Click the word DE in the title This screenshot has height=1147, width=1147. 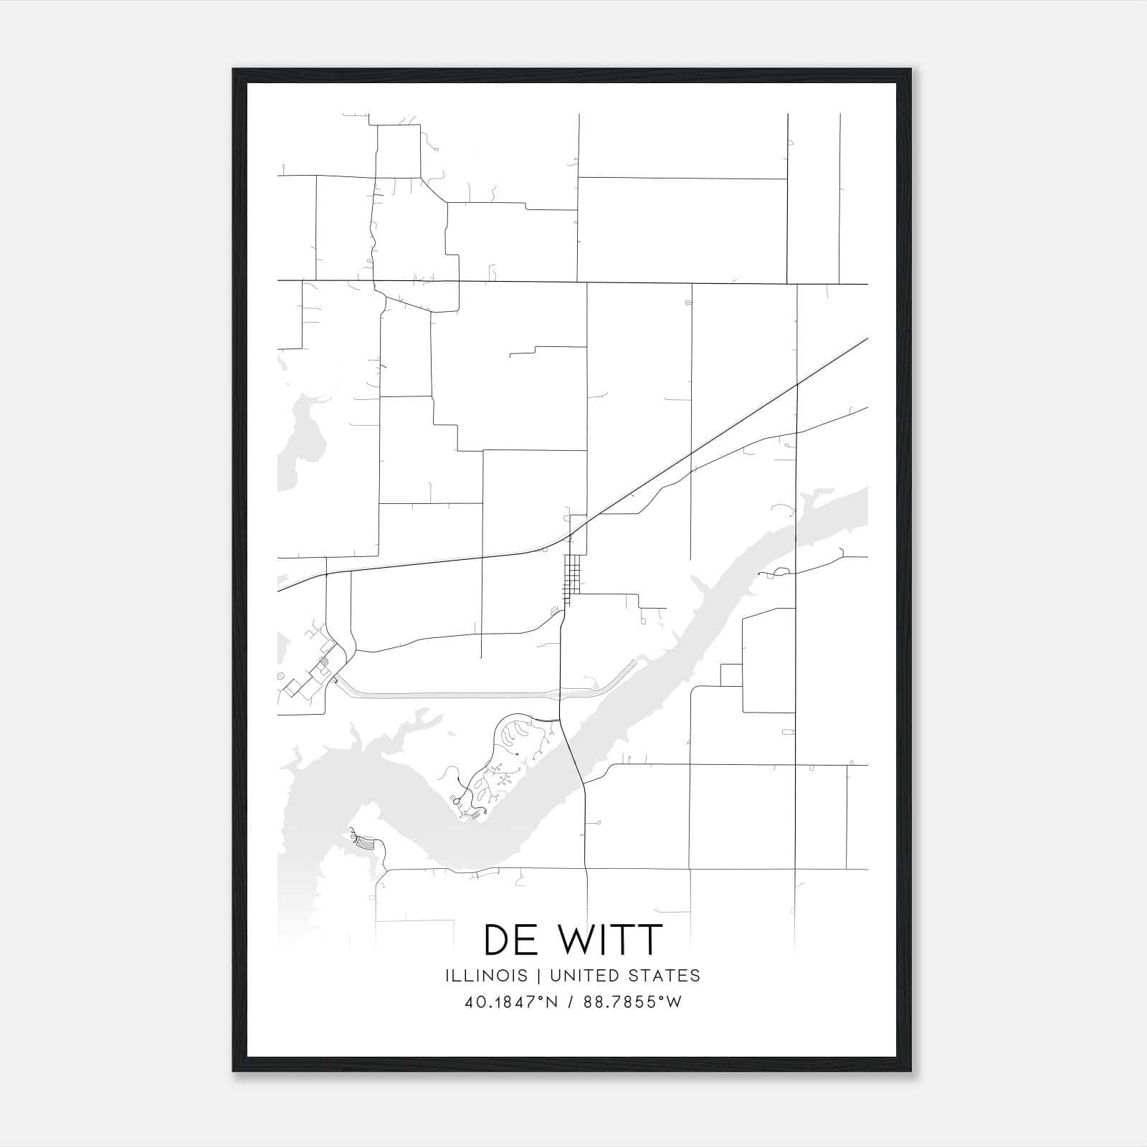pos(510,940)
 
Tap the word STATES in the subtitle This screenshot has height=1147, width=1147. pos(667,976)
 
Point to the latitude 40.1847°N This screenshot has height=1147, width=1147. pos(511,1002)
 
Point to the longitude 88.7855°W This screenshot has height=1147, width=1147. pos(632,1002)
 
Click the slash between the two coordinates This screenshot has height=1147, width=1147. pos(571,1002)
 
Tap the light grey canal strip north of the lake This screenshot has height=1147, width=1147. pos(459,695)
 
